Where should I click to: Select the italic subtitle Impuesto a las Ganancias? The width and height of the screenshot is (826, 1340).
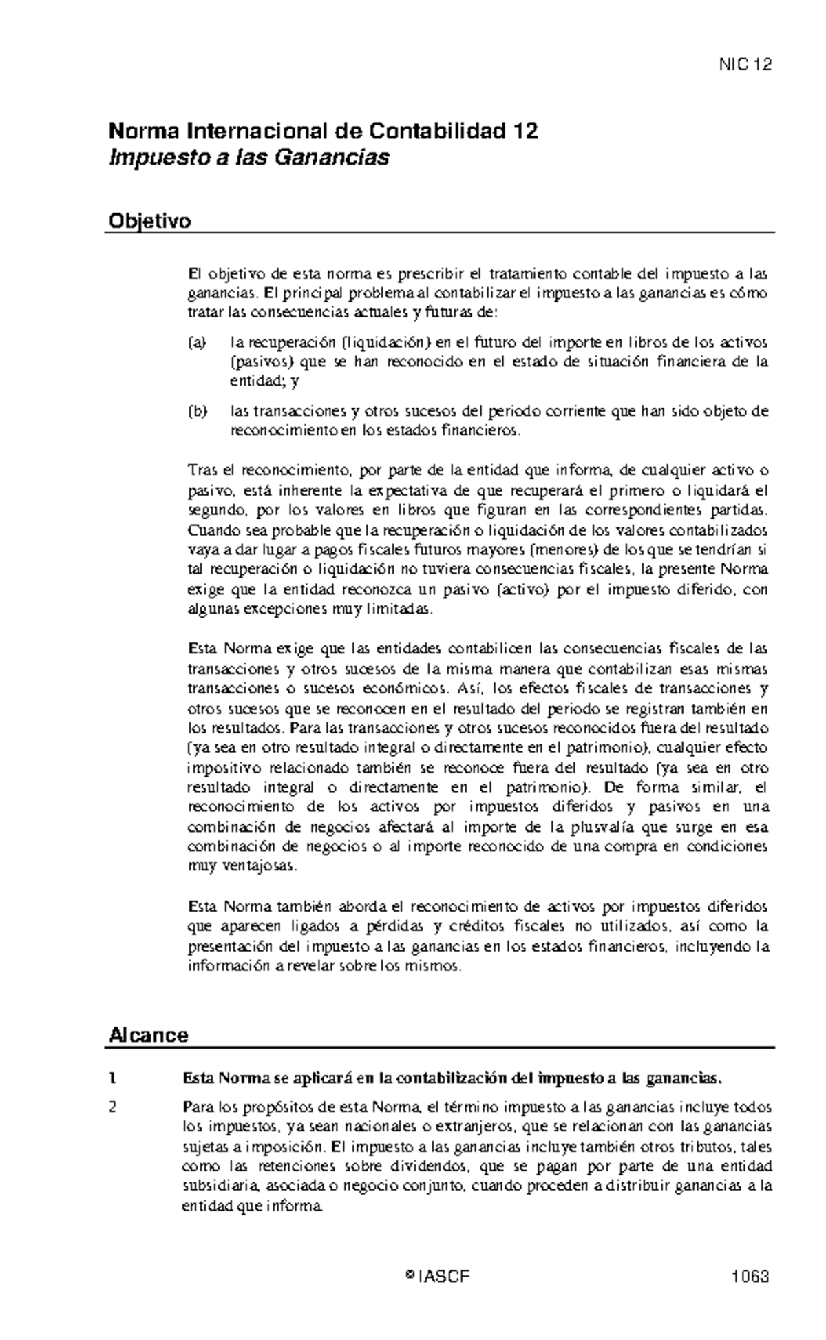point(249,158)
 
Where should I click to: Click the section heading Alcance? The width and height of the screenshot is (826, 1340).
point(149,1035)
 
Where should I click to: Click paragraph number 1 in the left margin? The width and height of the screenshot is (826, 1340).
point(112,1078)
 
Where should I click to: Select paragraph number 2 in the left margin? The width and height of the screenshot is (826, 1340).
point(113,1108)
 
